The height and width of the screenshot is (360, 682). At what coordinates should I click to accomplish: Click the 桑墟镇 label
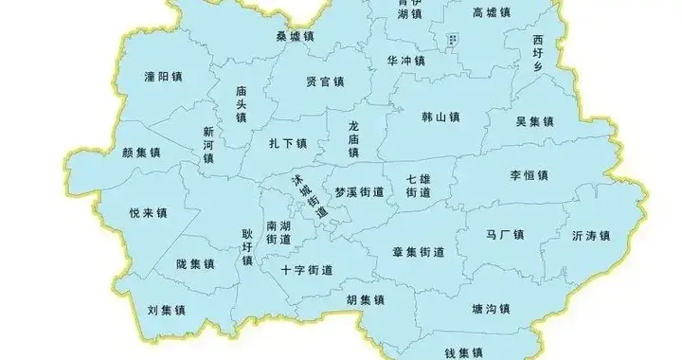pyautogui.click(x=296, y=36)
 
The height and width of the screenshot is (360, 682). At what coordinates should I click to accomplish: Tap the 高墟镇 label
pyautogui.click(x=491, y=12)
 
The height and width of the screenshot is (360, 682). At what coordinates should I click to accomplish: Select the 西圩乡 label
pyautogui.click(x=538, y=53)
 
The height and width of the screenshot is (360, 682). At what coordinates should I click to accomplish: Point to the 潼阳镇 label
pyautogui.click(x=163, y=76)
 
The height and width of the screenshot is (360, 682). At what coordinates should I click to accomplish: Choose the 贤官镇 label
pyautogui.click(x=325, y=81)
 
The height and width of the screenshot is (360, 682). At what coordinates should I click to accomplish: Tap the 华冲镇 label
pyautogui.click(x=406, y=60)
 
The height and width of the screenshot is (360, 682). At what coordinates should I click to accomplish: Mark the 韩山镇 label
pyautogui.click(x=440, y=118)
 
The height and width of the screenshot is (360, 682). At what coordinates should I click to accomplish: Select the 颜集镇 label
pyautogui.click(x=142, y=152)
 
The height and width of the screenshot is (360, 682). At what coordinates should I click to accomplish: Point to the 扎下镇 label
pyautogui.click(x=288, y=143)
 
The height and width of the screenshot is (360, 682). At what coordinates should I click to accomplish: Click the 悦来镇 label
pyautogui.click(x=148, y=213)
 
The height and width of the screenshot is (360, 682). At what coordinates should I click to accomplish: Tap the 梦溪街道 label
pyautogui.click(x=360, y=191)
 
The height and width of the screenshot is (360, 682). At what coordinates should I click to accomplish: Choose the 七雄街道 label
pyautogui.click(x=419, y=186)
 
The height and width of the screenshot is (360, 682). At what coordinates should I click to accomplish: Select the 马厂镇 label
pyautogui.click(x=505, y=234)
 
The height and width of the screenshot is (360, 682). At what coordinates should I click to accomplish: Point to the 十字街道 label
pyautogui.click(x=307, y=269)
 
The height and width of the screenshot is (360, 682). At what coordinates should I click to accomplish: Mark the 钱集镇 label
pyautogui.click(x=464, y=351)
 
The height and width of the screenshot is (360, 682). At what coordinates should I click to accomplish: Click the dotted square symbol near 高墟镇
pyautogui.click(x=453, y=40)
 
